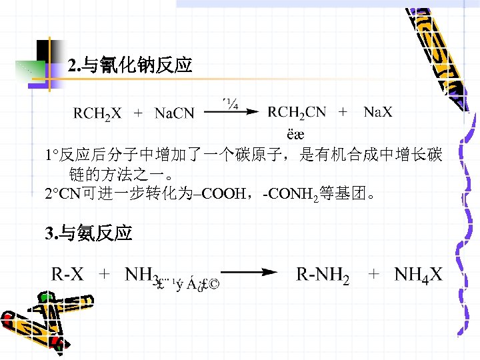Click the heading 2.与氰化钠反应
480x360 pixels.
point(130,65)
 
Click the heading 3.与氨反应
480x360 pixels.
point(88,233)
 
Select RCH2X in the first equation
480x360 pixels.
point(97,113)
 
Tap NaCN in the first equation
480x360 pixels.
point(174,113)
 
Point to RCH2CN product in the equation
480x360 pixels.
point(297,112)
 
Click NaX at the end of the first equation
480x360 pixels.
point(378,112)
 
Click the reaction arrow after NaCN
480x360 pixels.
point(231,113)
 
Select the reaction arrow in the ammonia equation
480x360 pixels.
point(249,272)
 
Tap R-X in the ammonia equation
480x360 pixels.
point(68,273)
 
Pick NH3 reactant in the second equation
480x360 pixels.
point(141,274)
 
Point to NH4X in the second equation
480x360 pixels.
point(418,274)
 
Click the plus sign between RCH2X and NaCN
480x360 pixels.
point(138,113)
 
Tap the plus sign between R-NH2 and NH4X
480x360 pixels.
point(374,273)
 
